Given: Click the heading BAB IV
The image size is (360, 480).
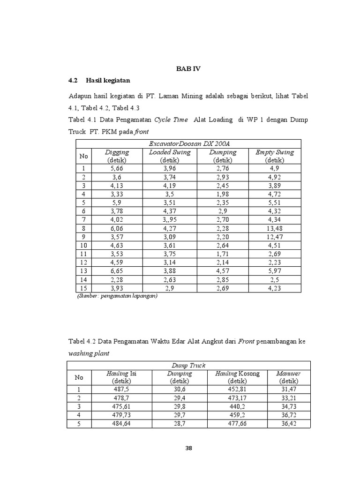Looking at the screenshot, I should pyautogui.click(x=188, y=68).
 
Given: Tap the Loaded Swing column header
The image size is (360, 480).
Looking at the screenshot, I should pyautogui.click(x=170, y=152).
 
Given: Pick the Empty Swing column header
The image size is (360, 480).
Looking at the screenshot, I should pyautogui.click(x=275, y=152).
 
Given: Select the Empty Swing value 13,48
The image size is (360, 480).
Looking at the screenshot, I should pyautogui.click(x=275, y=228).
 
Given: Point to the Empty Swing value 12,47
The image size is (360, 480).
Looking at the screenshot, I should pyautogui.click(x=275, y=236).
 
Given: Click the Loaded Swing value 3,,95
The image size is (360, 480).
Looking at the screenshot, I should pyautogui.click(x=170, y=219).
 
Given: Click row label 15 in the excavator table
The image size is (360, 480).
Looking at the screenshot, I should pyautogui.click(x=83, y=288).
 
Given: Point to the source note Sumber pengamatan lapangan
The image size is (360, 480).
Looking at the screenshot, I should pyautogui.click(x=117, y=296).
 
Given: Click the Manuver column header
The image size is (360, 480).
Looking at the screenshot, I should pyautogui.click(x=288, y=374).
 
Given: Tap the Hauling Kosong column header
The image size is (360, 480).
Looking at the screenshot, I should pyautogui.click(x=234, y=374).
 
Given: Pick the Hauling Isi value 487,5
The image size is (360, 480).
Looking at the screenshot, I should pyautogui.click(x=122, y=390).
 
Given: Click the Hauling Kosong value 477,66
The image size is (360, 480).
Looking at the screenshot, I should pyautogui.click(x=234, y=424).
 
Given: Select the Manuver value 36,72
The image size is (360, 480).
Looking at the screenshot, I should pyautogui.click(x=288, y=415).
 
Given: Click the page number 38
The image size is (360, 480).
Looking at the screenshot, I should pyautogui.click(x=188, y=449).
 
